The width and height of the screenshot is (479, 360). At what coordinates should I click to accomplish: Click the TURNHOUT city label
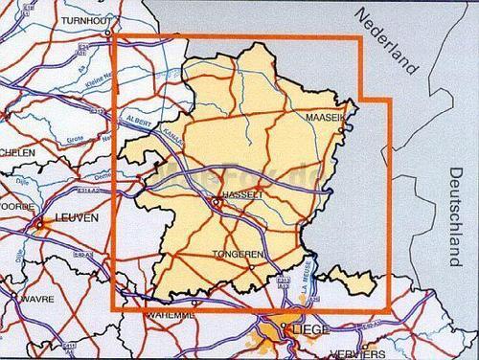point(85,20)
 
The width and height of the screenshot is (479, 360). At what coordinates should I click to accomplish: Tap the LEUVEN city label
point(77,219)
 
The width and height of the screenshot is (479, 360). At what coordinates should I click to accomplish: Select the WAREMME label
point(171,314)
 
